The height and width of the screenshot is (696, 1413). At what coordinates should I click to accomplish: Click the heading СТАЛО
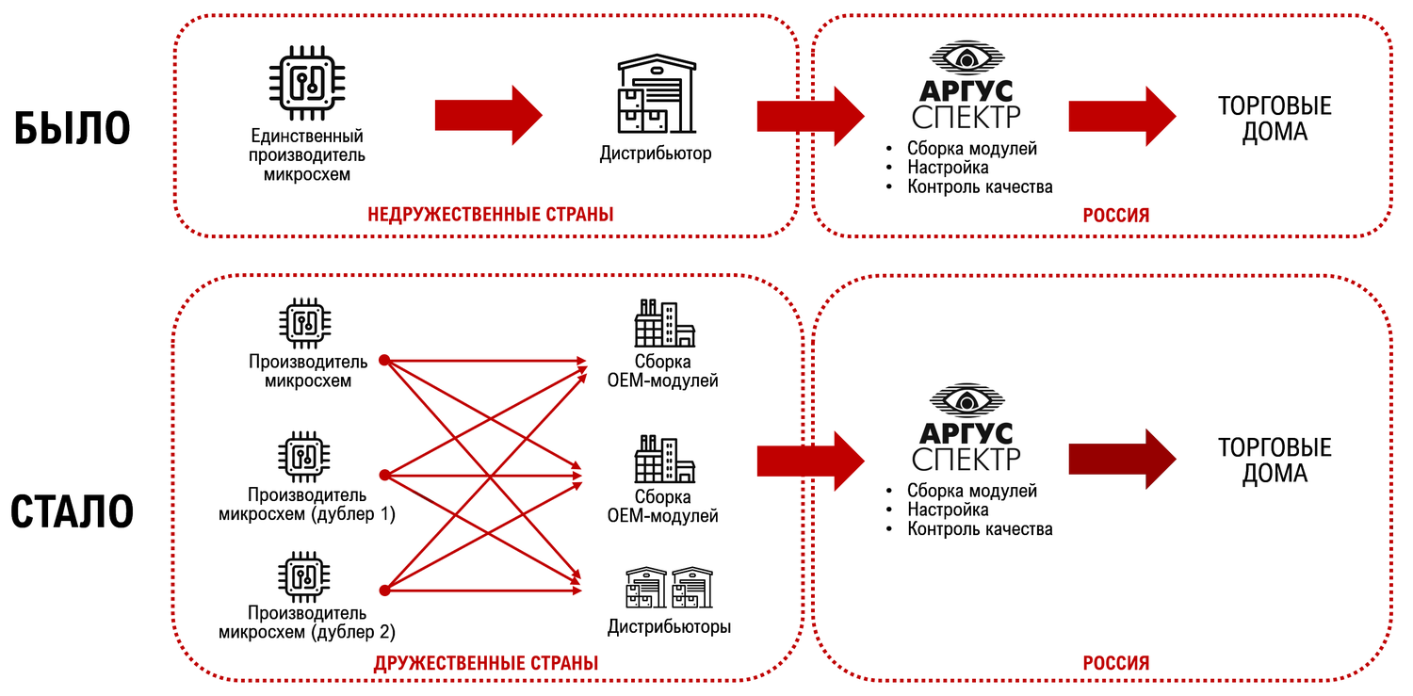coord(72,511)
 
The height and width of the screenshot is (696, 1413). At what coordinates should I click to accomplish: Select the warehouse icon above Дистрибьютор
coord(656,94)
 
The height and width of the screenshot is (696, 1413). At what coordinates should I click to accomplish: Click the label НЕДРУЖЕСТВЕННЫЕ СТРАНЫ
coord(490,215)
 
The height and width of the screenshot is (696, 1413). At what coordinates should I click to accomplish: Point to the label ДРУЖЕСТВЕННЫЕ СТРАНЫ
coord(486,663)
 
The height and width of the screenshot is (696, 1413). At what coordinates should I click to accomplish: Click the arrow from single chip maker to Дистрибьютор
coord(488,116)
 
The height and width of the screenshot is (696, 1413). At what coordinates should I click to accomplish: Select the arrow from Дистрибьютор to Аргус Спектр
coord(810,116)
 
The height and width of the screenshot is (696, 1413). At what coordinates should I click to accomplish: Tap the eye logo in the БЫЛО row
coord(966,58)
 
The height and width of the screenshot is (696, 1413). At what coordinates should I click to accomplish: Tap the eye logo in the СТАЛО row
coord(966,402)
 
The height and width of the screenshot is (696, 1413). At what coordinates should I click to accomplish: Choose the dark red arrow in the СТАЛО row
coord(1122,459)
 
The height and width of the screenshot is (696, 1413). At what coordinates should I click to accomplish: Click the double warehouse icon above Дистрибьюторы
coord(670,587)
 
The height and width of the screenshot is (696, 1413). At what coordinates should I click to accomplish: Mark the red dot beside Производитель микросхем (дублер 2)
coord(384,591)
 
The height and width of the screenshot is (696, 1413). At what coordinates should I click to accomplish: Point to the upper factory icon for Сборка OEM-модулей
coord(664,325)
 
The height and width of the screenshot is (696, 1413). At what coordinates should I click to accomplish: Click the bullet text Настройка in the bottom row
coord(948,510)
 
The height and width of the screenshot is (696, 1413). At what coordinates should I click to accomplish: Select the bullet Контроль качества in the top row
coord(980,186)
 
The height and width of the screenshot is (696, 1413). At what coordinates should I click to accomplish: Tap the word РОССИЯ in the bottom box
coord(1115,663)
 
